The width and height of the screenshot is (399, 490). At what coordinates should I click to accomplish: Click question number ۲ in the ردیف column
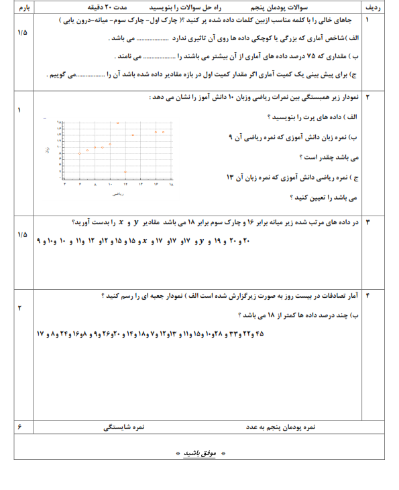point(367,98)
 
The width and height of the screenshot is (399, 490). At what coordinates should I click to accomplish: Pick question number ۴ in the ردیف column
point(367,293)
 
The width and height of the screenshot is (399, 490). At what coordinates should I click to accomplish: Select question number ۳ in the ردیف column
point(367,220)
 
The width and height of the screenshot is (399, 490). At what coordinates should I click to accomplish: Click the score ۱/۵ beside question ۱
point(22,32)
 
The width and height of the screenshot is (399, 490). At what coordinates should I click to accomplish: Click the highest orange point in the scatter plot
point(118,123)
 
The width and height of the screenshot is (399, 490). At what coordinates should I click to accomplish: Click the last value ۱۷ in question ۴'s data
point(40,333)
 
